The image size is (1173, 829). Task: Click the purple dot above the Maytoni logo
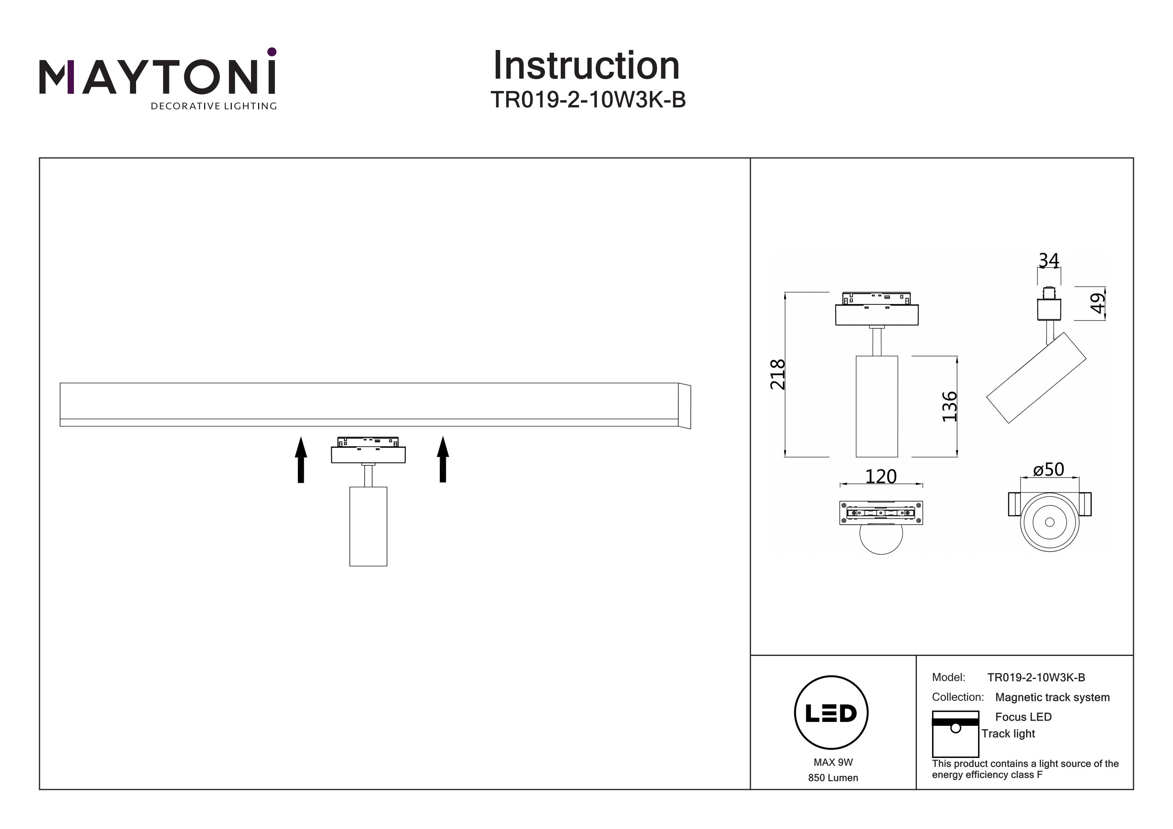coord(272,52)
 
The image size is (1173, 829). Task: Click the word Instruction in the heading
coord(586,66)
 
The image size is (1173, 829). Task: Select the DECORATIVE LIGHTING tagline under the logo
coord(213,106)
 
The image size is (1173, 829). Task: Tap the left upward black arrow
coord(301,459)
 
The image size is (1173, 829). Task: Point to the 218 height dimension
coord(778,374)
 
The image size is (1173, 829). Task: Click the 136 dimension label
coord(949,406)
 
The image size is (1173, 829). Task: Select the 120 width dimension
coord(881,476)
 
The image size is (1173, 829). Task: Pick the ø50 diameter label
coord(1048,469)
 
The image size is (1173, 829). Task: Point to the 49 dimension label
coord(1098,303)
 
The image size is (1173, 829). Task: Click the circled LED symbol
coord(831,713)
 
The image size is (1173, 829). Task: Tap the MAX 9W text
coord(833,762)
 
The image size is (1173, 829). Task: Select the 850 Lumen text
coord(833,778)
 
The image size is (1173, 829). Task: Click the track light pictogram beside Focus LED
coord(955,734)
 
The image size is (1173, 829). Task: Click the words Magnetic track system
coord(1053,697)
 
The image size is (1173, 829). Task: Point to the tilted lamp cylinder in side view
coord(1036,378)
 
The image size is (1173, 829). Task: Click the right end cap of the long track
coord(685,406)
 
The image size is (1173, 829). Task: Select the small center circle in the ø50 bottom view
coord(1050,522)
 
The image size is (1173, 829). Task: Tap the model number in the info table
coord(1036,677)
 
